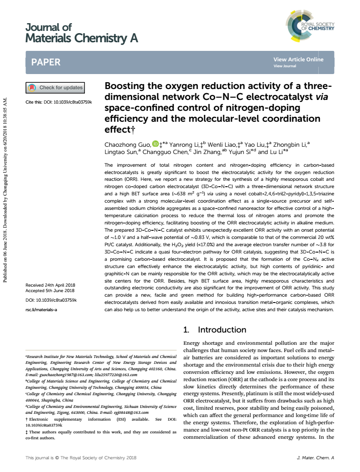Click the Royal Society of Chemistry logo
(x=311, y=25)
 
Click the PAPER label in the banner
(x=46, y=62)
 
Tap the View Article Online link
(x=298, y=60)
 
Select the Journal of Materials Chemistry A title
(x=82, y=33)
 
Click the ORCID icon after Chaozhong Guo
(x=155, y=144)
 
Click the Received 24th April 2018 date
(x=50, y=285)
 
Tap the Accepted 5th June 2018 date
(x=50, y=290)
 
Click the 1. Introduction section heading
(x=214, y=330)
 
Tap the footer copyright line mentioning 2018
(x=81, y=457)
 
